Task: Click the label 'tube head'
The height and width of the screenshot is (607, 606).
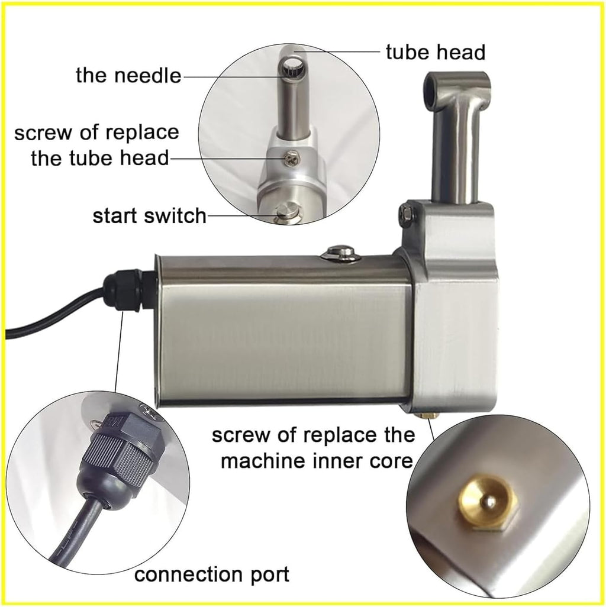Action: tap(435, 52)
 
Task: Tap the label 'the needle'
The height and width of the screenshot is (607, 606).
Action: tap(128, 75)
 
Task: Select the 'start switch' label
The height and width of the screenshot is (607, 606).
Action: tap(149, 216)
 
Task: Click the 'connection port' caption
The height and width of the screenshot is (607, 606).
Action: tap(212, 573)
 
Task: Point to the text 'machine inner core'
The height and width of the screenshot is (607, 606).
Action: tap(317, 460)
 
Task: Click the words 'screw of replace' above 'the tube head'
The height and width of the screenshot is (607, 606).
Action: tap(96, 131)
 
